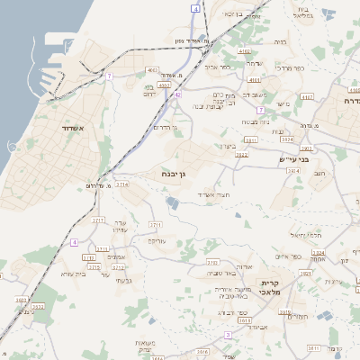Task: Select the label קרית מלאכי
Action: [273, 287]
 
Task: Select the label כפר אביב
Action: [218, 67]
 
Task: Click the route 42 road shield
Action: [178, 94]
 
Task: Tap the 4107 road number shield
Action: [307, 96]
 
